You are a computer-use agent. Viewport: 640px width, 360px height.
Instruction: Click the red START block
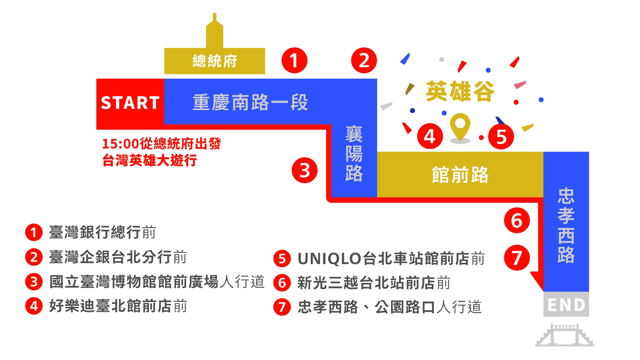coord(130,102)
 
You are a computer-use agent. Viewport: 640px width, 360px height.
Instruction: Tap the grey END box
coord(566,304)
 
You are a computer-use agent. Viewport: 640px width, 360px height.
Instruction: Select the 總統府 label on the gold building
coord(215,61)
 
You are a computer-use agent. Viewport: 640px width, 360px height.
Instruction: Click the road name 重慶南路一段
coord(250,102)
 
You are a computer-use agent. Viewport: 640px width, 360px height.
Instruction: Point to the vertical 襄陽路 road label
coord(354,154)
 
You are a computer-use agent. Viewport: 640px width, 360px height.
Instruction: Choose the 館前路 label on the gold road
coord(460,175)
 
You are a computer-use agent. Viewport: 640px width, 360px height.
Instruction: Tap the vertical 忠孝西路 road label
coord(566,225)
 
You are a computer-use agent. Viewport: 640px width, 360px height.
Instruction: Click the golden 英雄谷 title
coord(460,91)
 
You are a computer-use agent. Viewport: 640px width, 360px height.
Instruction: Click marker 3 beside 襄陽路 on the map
coord(305,170)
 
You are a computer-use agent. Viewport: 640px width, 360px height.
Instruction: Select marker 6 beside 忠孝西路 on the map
coord(517,220)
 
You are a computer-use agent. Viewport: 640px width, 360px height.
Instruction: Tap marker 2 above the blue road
coord(364,60)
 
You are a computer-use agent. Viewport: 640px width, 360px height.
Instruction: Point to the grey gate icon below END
coord(565,335)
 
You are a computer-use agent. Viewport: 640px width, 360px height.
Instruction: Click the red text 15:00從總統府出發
coord(162,144)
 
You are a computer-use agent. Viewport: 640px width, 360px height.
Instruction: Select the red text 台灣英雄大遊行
coord(150,160)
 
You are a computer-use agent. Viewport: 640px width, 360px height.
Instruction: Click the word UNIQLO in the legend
coord(330,259)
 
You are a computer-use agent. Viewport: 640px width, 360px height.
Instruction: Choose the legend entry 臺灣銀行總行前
coord(102,232)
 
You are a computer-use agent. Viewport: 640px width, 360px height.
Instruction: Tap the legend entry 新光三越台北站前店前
coord(374,283)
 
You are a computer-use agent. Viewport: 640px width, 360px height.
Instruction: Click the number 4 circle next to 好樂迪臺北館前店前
coord(34,306)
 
